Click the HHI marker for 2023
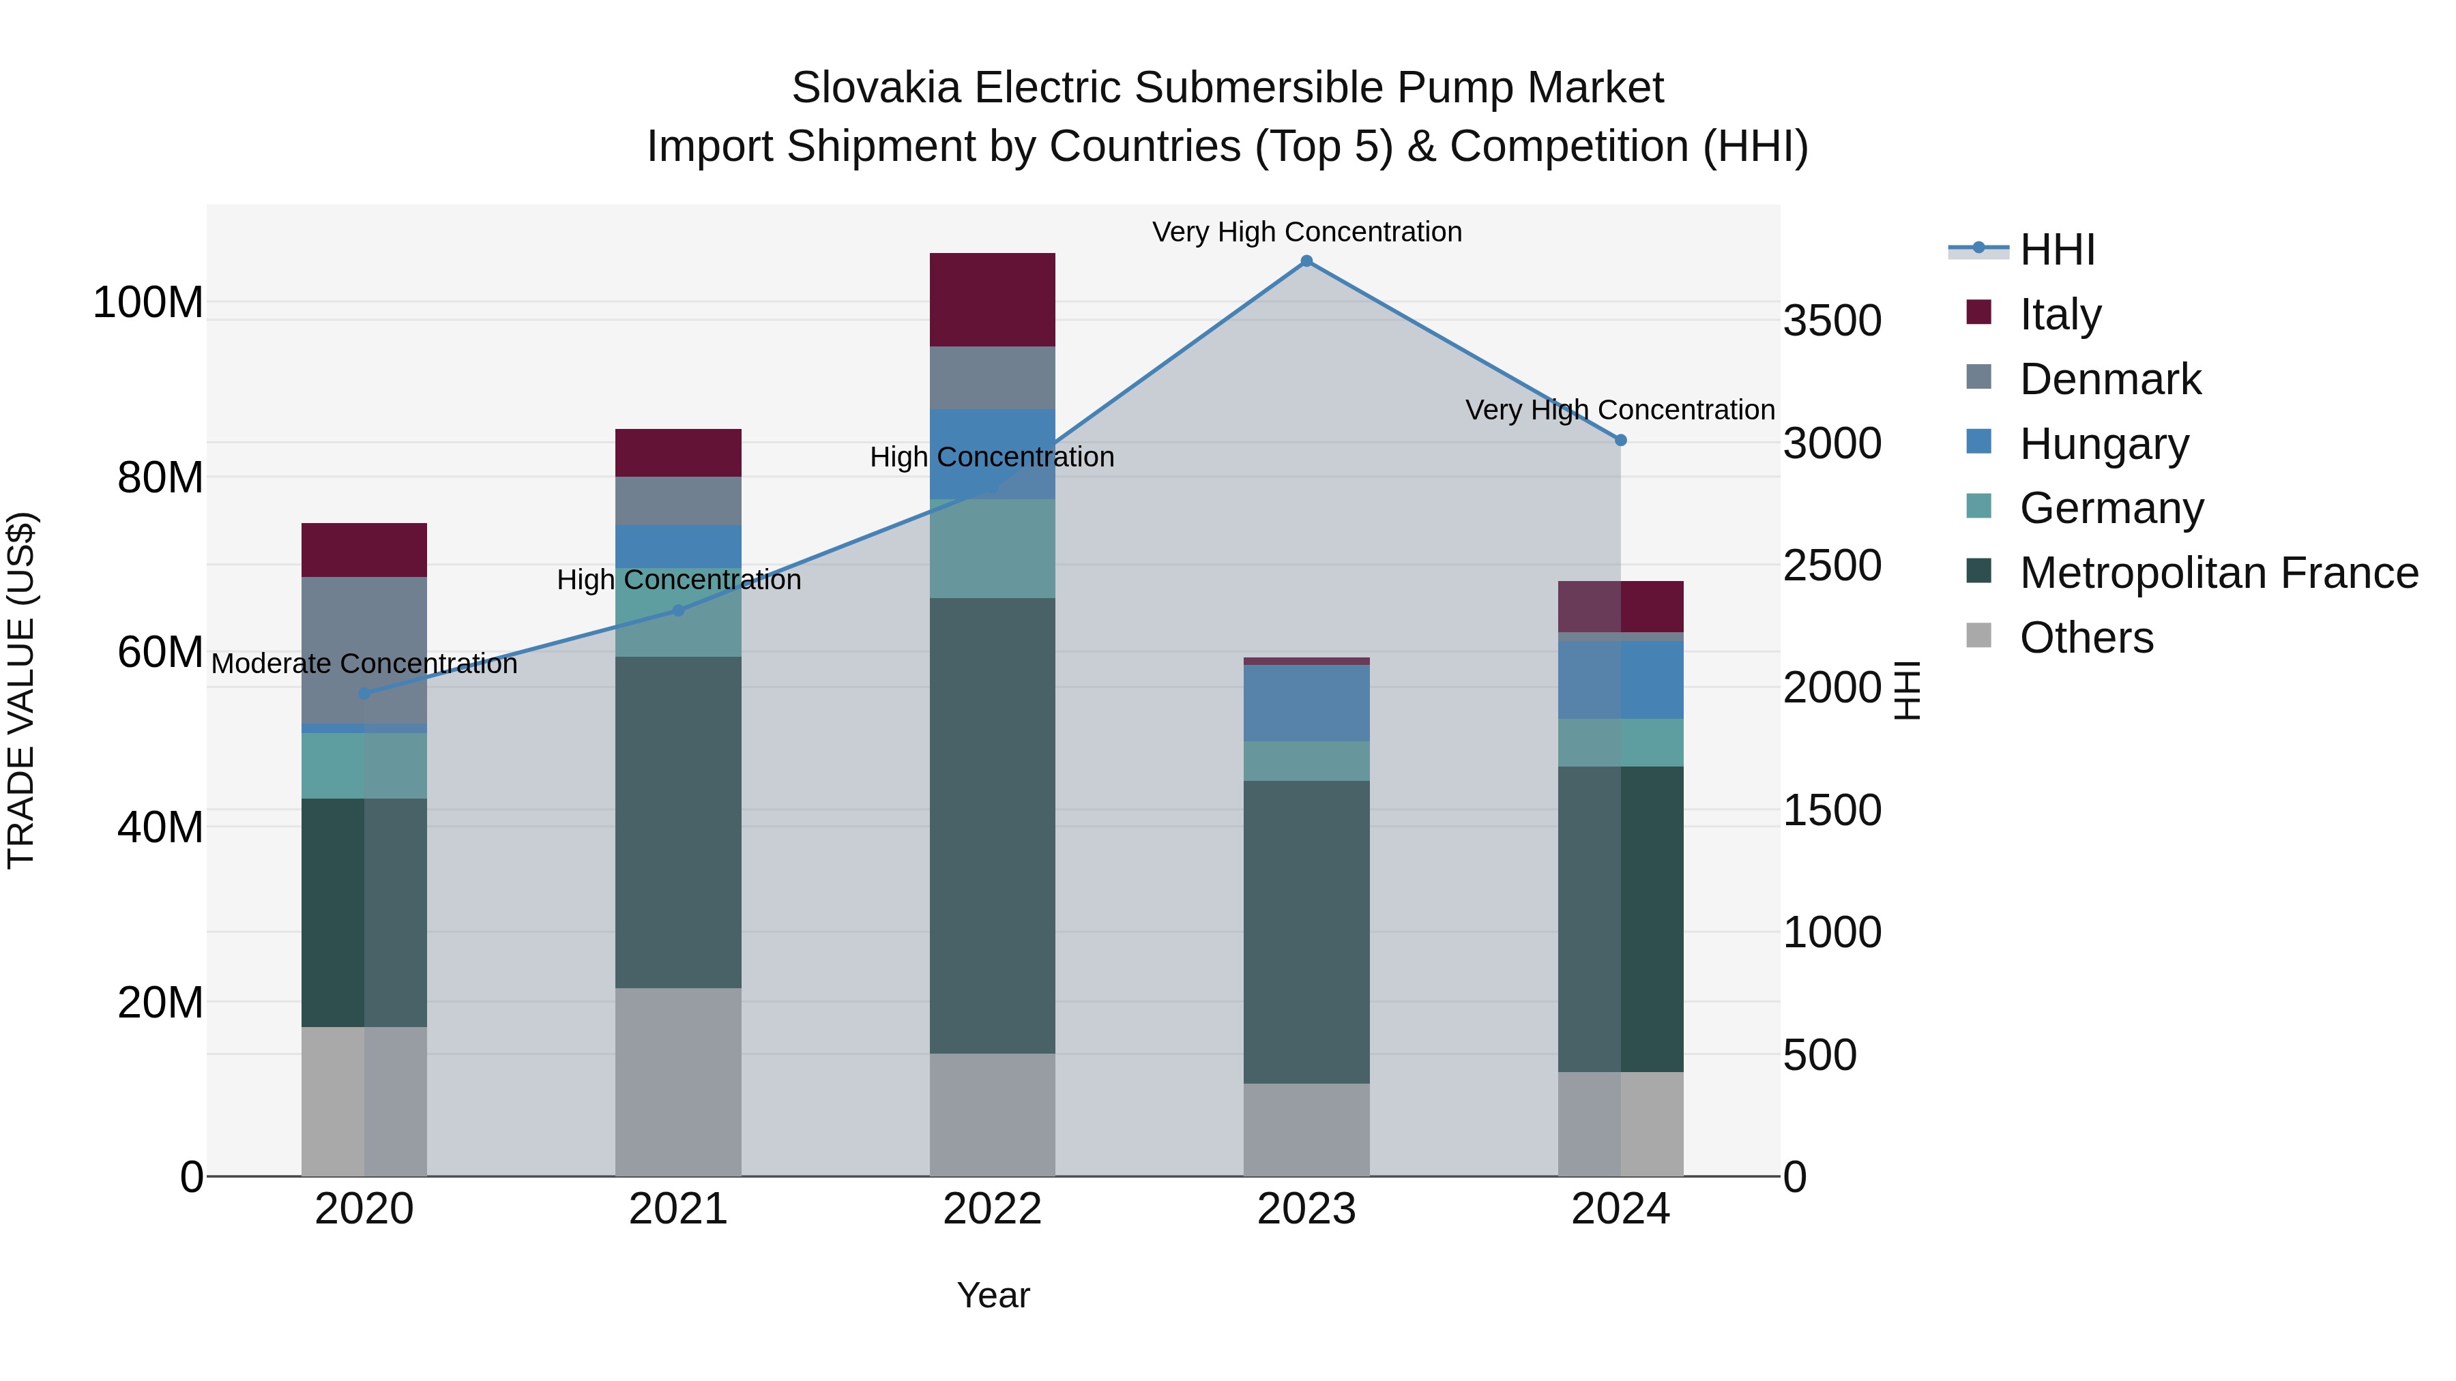(x=1306, y=261)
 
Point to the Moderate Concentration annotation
(x=364, y=664)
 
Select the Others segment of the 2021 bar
(x=678, y=1082)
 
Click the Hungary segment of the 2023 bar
(x=1306, y=703)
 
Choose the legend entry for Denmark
(x=2110, y=379)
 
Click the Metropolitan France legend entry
(x=2218, y=573)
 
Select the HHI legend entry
(x=2056, y=250)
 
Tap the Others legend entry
(x=2086, y=638)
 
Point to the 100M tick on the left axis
(x=148, y=303)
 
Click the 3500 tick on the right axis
(x=1832, y=321)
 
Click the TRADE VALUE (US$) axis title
(x=21, y=690)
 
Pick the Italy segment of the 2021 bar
(x=678, y=453)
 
